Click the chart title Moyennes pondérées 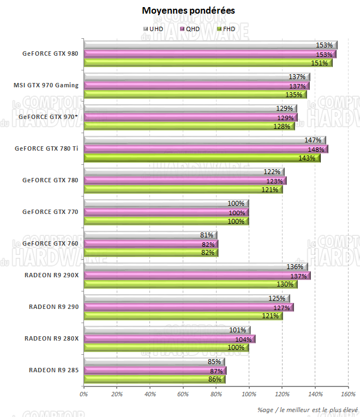181,10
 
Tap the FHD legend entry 225,29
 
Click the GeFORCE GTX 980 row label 50,53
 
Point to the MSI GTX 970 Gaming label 46,85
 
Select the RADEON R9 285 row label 53,371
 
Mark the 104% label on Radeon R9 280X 243,339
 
